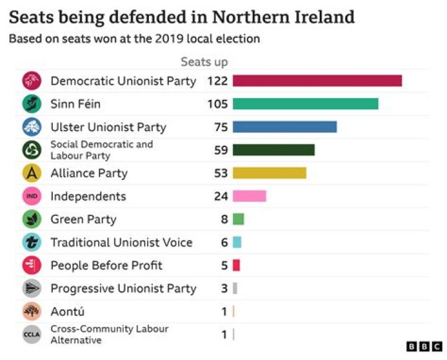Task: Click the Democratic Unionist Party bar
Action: pyautogui.click(x=317, y=81)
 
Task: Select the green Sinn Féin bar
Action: pyautogui.click(x=305, y=104)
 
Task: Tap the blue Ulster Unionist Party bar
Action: pyautogui.click(x=285, y=127)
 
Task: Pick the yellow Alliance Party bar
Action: pyautogui.click(x=269, y=173)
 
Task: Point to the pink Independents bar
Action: pyautogui.click(x=250, y=196)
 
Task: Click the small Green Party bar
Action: pyautogui.click(x=238, y=219)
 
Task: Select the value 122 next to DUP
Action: pyautogui.click(x=217, y=81)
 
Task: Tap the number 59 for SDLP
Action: pyautogui.click(x=221, y=150)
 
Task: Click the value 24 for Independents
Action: pyautogui.click(x=221, y=196)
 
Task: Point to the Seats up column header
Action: pyautogui.click(x=204, y=62)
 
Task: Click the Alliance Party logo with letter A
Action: pyautogui.click(x=32, y=173)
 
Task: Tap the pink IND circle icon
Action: pyautogui.click(x=32, y=196)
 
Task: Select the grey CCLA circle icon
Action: pyautogui.click(x=32, y=335)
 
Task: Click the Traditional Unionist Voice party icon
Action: pyautogui.click(x=32, y=242)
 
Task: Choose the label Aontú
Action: pyautogui.click(x=68, y=311)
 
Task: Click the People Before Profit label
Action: pyautogui.click(x=106, y=266)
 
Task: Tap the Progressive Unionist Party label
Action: pyautogui.click(x=124, y=289)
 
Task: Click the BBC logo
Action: pyautogui.click(x=424, y=346)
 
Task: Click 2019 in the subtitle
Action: pyautogui.click(x=169, y=38)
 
